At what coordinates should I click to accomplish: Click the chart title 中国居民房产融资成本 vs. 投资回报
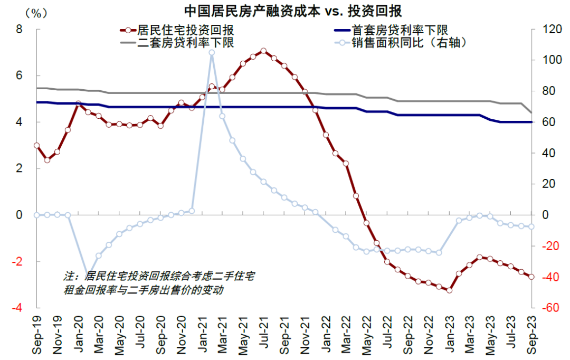point(284,11)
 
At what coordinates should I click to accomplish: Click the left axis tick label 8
point(20,30)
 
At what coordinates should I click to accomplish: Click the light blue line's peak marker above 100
point(212,52)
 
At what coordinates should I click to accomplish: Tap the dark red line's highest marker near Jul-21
point(263,51)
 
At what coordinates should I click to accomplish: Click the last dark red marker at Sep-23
point(531,277)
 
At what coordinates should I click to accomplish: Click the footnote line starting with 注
point(158,276)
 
